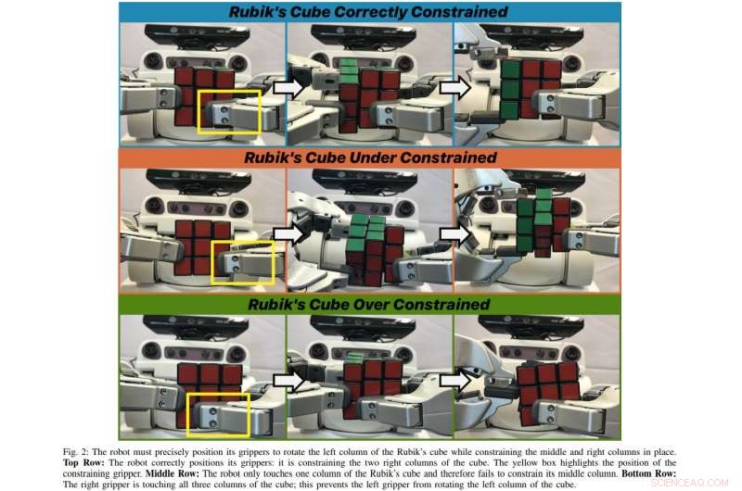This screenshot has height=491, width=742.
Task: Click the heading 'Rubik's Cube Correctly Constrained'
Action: point(370,12)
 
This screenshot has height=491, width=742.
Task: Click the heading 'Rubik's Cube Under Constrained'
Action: point(370,158)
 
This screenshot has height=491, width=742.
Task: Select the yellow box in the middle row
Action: point(243,262)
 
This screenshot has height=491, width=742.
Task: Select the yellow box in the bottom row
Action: point(218,414)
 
